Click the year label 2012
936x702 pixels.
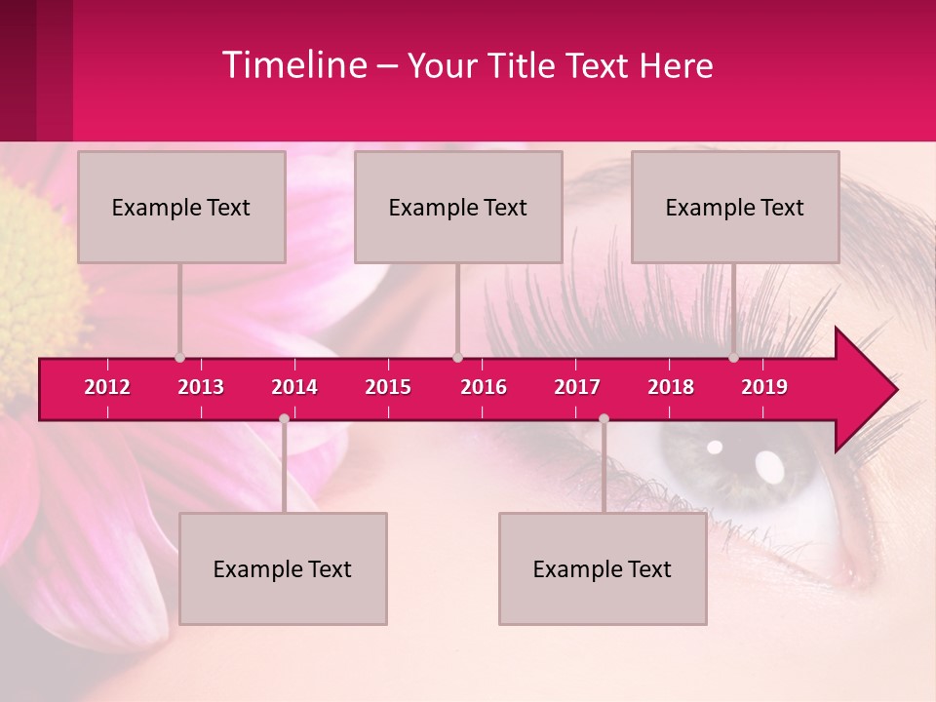[107, 387]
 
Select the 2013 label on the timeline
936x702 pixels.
[201, 387]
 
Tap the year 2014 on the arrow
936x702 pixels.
[294, 387]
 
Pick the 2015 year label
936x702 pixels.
[388, 387]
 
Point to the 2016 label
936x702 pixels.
[484, 387]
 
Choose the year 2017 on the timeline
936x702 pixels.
[577, 387]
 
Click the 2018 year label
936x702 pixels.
[671, 387]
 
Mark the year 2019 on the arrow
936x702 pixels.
[764, 387]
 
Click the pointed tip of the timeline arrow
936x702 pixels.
[894, 389]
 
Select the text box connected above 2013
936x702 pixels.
[181, 207]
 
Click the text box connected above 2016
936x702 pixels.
[458, 207]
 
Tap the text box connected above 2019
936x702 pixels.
[735, 207]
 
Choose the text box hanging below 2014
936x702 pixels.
[283, 568]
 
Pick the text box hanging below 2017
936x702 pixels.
[603, 568]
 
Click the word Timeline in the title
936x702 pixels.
[293, 65]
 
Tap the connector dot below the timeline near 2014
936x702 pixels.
[284, 418]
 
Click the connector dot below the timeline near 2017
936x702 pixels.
[604, 418]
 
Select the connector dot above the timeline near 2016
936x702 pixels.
[457, 357]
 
